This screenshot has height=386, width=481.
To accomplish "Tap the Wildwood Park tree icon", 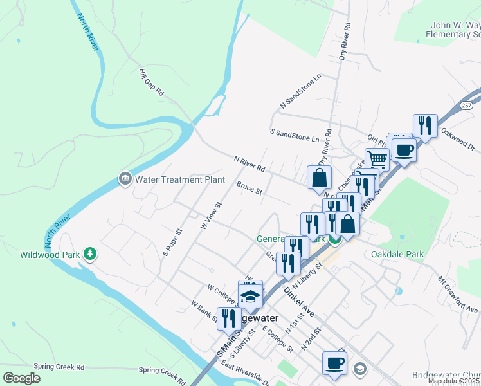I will pyautogui.click(x=91, y=255).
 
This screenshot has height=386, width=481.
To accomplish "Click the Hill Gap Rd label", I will pyautogui.click(x=152, y=83).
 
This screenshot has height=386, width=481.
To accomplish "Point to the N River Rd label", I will pyautogui.click(x=250, y=164).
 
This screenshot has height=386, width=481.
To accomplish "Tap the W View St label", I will pyautogui.click(x=211, y=216).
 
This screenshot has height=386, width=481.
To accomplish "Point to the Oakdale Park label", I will pyautogui.click(x=397, y=254).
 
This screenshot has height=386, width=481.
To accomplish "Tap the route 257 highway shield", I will pyautogui.click(x=468, y=105).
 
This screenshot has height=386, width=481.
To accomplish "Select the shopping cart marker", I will pyautogui.click(x=377, y=158).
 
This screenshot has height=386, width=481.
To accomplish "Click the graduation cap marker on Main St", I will pyautogui.click(x=250, y=297).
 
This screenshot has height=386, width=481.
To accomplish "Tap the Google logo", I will pyautogui.click(x=21, y=378).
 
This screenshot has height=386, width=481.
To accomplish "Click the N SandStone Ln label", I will pyautogui.click(x=300, y=91).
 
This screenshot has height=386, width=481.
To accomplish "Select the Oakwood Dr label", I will pyautogui.click(x=458, y=139).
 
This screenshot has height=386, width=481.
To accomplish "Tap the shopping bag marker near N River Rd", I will pyautogui.click(x=319, y=177).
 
